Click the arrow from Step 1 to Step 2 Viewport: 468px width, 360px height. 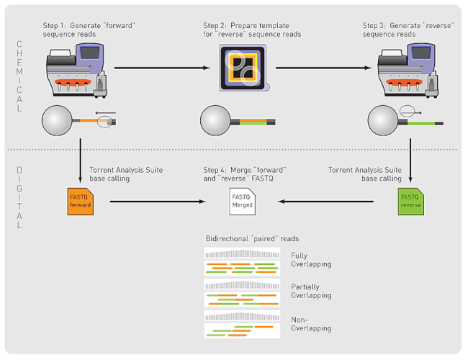coord(163,69)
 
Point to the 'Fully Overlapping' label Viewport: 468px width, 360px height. coord(311,260)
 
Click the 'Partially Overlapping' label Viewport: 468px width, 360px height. coord(311,291)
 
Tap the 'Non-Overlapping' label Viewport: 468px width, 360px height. coord(311,323)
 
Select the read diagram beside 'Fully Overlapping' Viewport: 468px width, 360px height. coord(242,262)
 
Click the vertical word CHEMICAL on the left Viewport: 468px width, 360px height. coord(20,76)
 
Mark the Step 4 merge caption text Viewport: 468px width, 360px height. coord(245,173)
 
